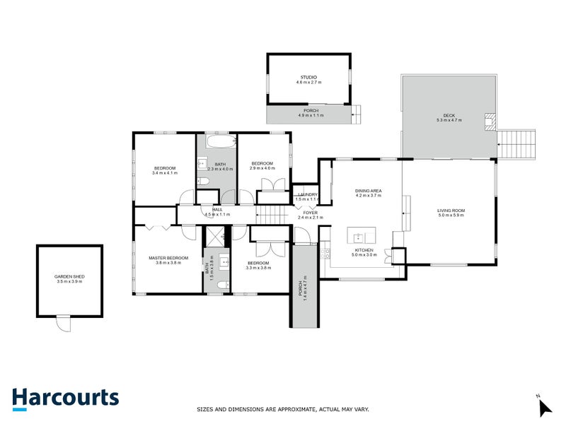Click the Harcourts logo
coord(65,397)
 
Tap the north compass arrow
coord(545,408)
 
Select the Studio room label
coord(308,80)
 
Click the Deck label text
coord(449,118)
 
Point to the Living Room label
coord(450,213)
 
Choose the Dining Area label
coord(368,193)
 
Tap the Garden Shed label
coord(69,278)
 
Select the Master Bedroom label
coord(168,260)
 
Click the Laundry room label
coord(307,196)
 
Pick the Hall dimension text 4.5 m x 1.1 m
coord(217,215)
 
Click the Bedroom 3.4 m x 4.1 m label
coord(164,170)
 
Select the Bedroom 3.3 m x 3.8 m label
coord(258,266)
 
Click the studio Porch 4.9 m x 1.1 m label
coord(310,113)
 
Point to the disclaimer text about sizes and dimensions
coord(282,409)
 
